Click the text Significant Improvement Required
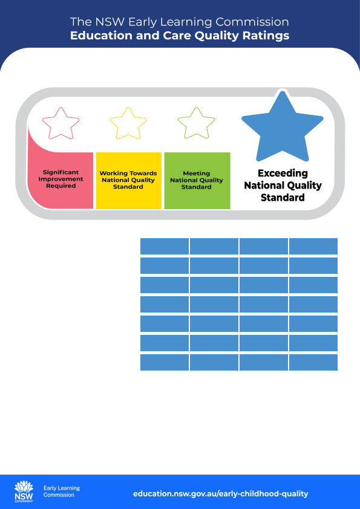point(61,179)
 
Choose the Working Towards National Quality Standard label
point(128,180)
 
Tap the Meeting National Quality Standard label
point(197,180)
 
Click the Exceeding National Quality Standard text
point(283,185)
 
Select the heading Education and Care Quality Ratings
point(180,36)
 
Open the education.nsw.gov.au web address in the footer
point(221,494)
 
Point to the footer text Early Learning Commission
point(62,491)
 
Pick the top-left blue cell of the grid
point(165,247)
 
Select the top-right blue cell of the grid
point(313,247)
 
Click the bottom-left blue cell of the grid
point(165,362)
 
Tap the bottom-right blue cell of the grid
point(313,362)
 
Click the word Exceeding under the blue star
point(283,173)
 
